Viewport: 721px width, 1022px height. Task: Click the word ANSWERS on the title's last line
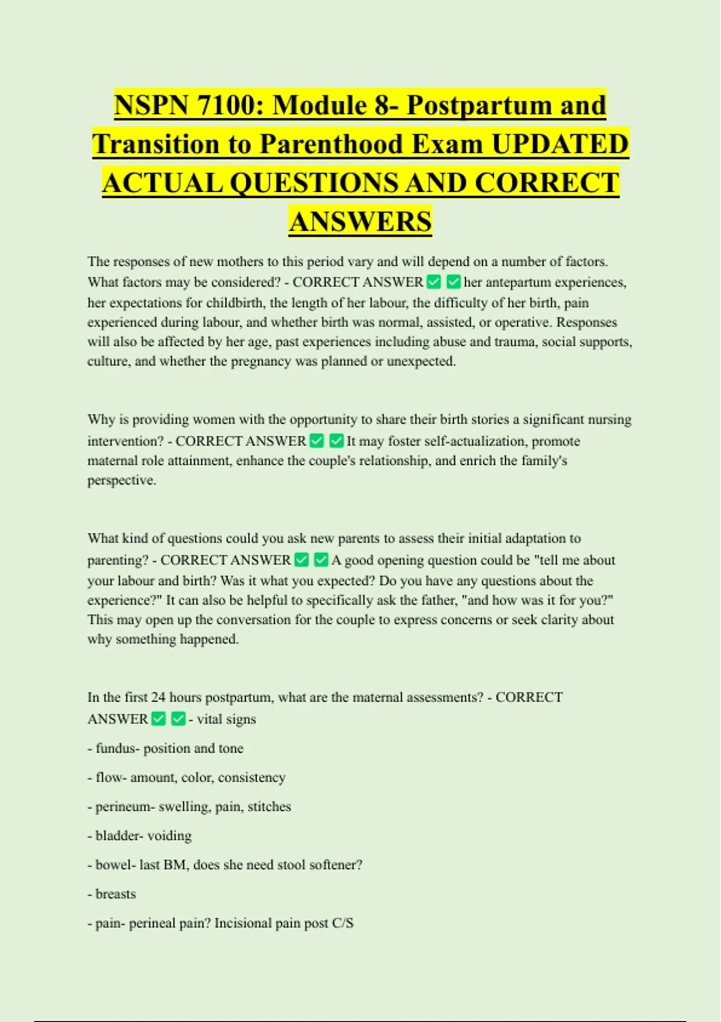tap(360, 221)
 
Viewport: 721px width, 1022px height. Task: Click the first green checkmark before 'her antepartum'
tap(433, 282)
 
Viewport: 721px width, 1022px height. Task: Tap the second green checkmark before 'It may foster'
tap(336, 441)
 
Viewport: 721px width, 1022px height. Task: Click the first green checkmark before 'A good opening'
tap(302, 560)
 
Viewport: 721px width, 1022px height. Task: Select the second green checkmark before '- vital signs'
tap(178, 719)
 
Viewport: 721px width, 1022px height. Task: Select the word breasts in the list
tap(115, 894)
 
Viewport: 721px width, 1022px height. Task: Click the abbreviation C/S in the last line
tap(342, 923)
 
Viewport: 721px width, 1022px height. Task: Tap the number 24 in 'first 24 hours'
tap(158, 697)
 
